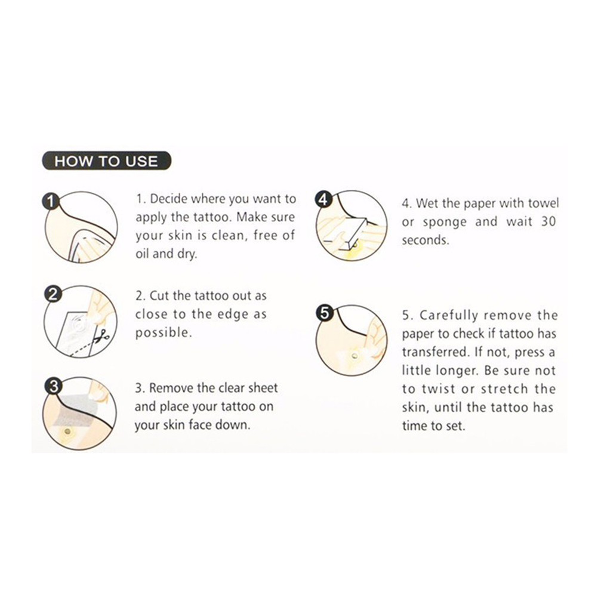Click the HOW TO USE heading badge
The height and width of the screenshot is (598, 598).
(x=106, y=161)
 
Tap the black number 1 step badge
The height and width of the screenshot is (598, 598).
(x=51, y=201)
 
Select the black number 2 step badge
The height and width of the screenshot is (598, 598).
(x=53, y=294)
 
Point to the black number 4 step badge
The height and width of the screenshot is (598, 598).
(x=323, y=199)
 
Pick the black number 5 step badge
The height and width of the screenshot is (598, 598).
(x=325, y=313)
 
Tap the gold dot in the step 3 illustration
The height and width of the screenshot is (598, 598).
(x=68, y=431)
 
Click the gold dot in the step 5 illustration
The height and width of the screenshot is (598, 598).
(x=355, y=356)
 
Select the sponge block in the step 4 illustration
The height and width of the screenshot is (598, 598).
(x=347, y=231)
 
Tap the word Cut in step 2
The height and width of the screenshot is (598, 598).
(x=159, y=295)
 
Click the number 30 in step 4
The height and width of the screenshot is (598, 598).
(x=548, y=221)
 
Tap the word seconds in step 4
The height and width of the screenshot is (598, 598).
(x=426, y=240)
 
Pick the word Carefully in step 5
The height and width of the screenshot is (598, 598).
(x=449, y=315)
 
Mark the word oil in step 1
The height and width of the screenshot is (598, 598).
(x=143, y=254)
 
